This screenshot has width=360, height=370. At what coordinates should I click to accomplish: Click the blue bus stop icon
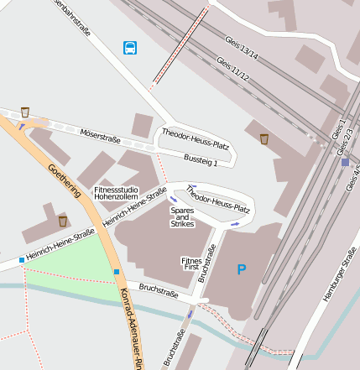point(130,48)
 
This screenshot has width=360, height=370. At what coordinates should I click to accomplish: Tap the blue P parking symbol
point(242,270)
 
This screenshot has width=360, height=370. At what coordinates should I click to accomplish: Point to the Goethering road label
point(64,180)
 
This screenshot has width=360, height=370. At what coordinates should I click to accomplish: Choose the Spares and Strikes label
point(182,217)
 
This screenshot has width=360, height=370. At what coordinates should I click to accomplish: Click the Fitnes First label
point(190,265)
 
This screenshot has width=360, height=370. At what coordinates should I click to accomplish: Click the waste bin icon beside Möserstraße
point(25,112)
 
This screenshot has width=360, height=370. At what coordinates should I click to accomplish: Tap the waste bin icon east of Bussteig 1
point(264,138)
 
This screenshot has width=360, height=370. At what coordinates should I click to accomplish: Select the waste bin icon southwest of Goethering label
point(63,221)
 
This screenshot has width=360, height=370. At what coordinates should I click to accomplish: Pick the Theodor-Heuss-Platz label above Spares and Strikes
point(221,200)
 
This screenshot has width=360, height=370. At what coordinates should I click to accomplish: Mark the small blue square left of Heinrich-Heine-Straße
point(22,260)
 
